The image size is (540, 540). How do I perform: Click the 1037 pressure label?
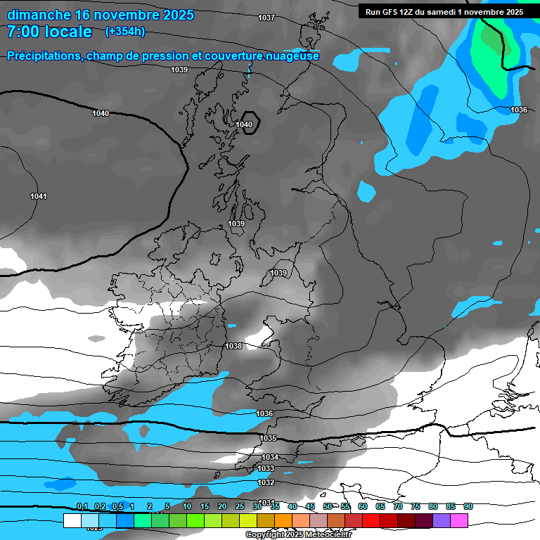(x=266, y=18)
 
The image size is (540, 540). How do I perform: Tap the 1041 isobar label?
(x=39, y=196)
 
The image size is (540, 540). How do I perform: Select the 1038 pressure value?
(x=233, y=346)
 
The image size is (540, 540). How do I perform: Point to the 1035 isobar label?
(x=268, y=438)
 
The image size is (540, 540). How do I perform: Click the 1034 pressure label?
(x=270, y=457)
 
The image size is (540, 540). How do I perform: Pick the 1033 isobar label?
(x=266, y=468)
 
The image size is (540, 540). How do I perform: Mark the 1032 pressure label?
(x=266, y=482)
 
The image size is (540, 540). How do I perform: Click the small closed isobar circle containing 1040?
(x=248, y=122)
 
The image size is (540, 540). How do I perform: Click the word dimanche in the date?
(x=39, y=15)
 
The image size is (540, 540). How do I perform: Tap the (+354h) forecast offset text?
(x=124, y=32)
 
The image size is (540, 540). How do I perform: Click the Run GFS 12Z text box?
(x=444, y=11)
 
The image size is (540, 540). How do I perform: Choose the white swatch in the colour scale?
(x=72, y=520)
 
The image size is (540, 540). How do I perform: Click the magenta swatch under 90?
(x=459, y=520)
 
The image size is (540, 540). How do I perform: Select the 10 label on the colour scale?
(x=187, y=506)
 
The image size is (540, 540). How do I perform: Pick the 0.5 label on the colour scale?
(x=117, y=506)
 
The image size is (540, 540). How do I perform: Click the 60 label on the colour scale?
(x=363, y=506)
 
